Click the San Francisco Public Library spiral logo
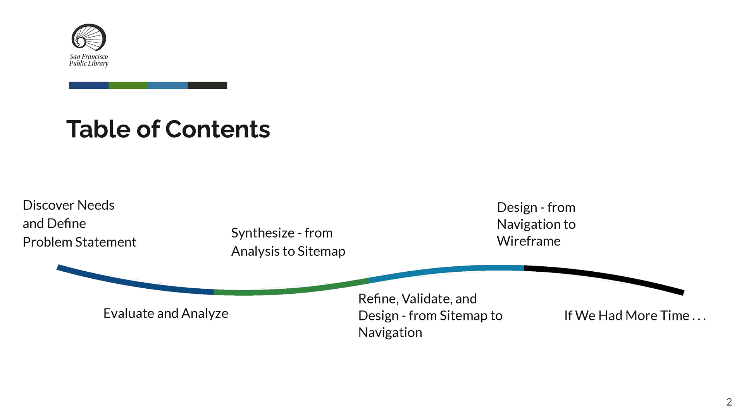pos(89,37)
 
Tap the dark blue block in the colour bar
pos(89,85)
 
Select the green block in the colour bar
pos(128,85)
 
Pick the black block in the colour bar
pos(207,85)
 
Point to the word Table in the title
pos(98,129)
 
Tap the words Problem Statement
pos(79,242)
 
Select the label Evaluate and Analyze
pos(165,313)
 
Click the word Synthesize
pos(262,233)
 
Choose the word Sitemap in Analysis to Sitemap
pos(321,252)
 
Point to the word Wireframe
pos(529,241)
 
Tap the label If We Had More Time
pos(634,316)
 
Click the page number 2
pos(729,402)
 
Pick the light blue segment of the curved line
pos(446,270)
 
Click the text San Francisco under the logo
pos(89,57)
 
